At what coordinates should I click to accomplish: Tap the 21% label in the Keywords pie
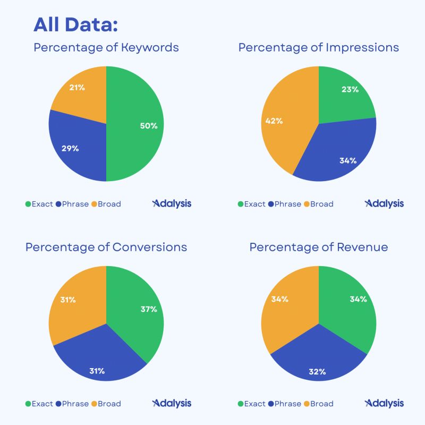click(x=78, y=88)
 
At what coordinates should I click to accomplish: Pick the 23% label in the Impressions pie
click(x=350, y=89)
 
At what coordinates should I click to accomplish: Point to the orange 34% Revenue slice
click(x=284, y=303)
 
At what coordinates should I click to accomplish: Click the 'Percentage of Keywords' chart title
click(x=106, y=47)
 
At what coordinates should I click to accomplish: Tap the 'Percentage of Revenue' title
click(x=319, y=247)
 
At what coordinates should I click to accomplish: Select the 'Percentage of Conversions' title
click(x=106, y=247)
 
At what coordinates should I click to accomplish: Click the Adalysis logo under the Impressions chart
click(x=384, y=203)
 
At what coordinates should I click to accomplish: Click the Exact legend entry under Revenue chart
click(x=251, y=404)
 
